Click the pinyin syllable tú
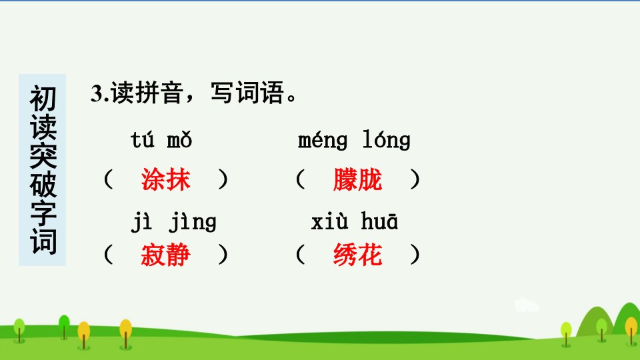pyautogui.click(x=143, y=140)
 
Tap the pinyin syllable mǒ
pyautogui.click(x=179, y=140)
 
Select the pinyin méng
pyautogui.click(x=323, y=141)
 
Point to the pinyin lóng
pyautogui.click(x=387, y=141)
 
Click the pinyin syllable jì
pyautogui.click(x=141, y=223)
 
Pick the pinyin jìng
pyautogui.click(x=193, y=223)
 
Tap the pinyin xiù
pyautogui.click(x=329, y=221)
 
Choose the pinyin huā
pyautogui.click(x=379, y=221)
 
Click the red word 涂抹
pyautogui.click(x=166, y=179)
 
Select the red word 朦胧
pyautogui.click(x=357, y=179)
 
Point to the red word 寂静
pyautogui.click(x=166, y=255)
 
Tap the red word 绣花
pyautogui.click(x=357, y=255)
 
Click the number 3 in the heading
pyautogui.click(x=96, y=93)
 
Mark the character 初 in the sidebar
pyautogui.click(x=43, y=99)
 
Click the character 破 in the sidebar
pyautogui.click(x=43, y=185)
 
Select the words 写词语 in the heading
pyautogui.click(x=247, y=93)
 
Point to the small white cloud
pyautogui.click(x=526, y=305)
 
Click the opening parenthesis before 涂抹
pyautogui.click(x=108, y=179)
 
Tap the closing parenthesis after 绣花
pyautogui.click(x=415, y=255)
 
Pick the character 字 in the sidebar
pyautogui.click(x=43, y=213)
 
